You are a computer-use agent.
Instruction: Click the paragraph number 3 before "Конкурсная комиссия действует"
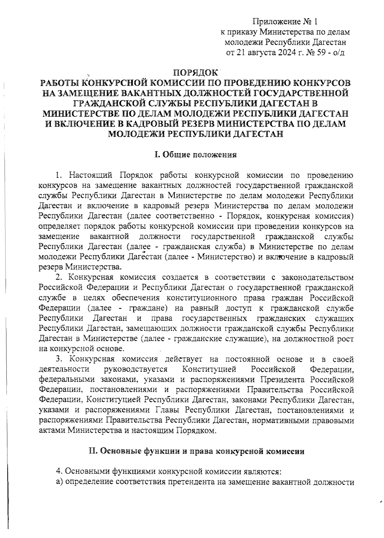pyautogui.click(x=58, y=359)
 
